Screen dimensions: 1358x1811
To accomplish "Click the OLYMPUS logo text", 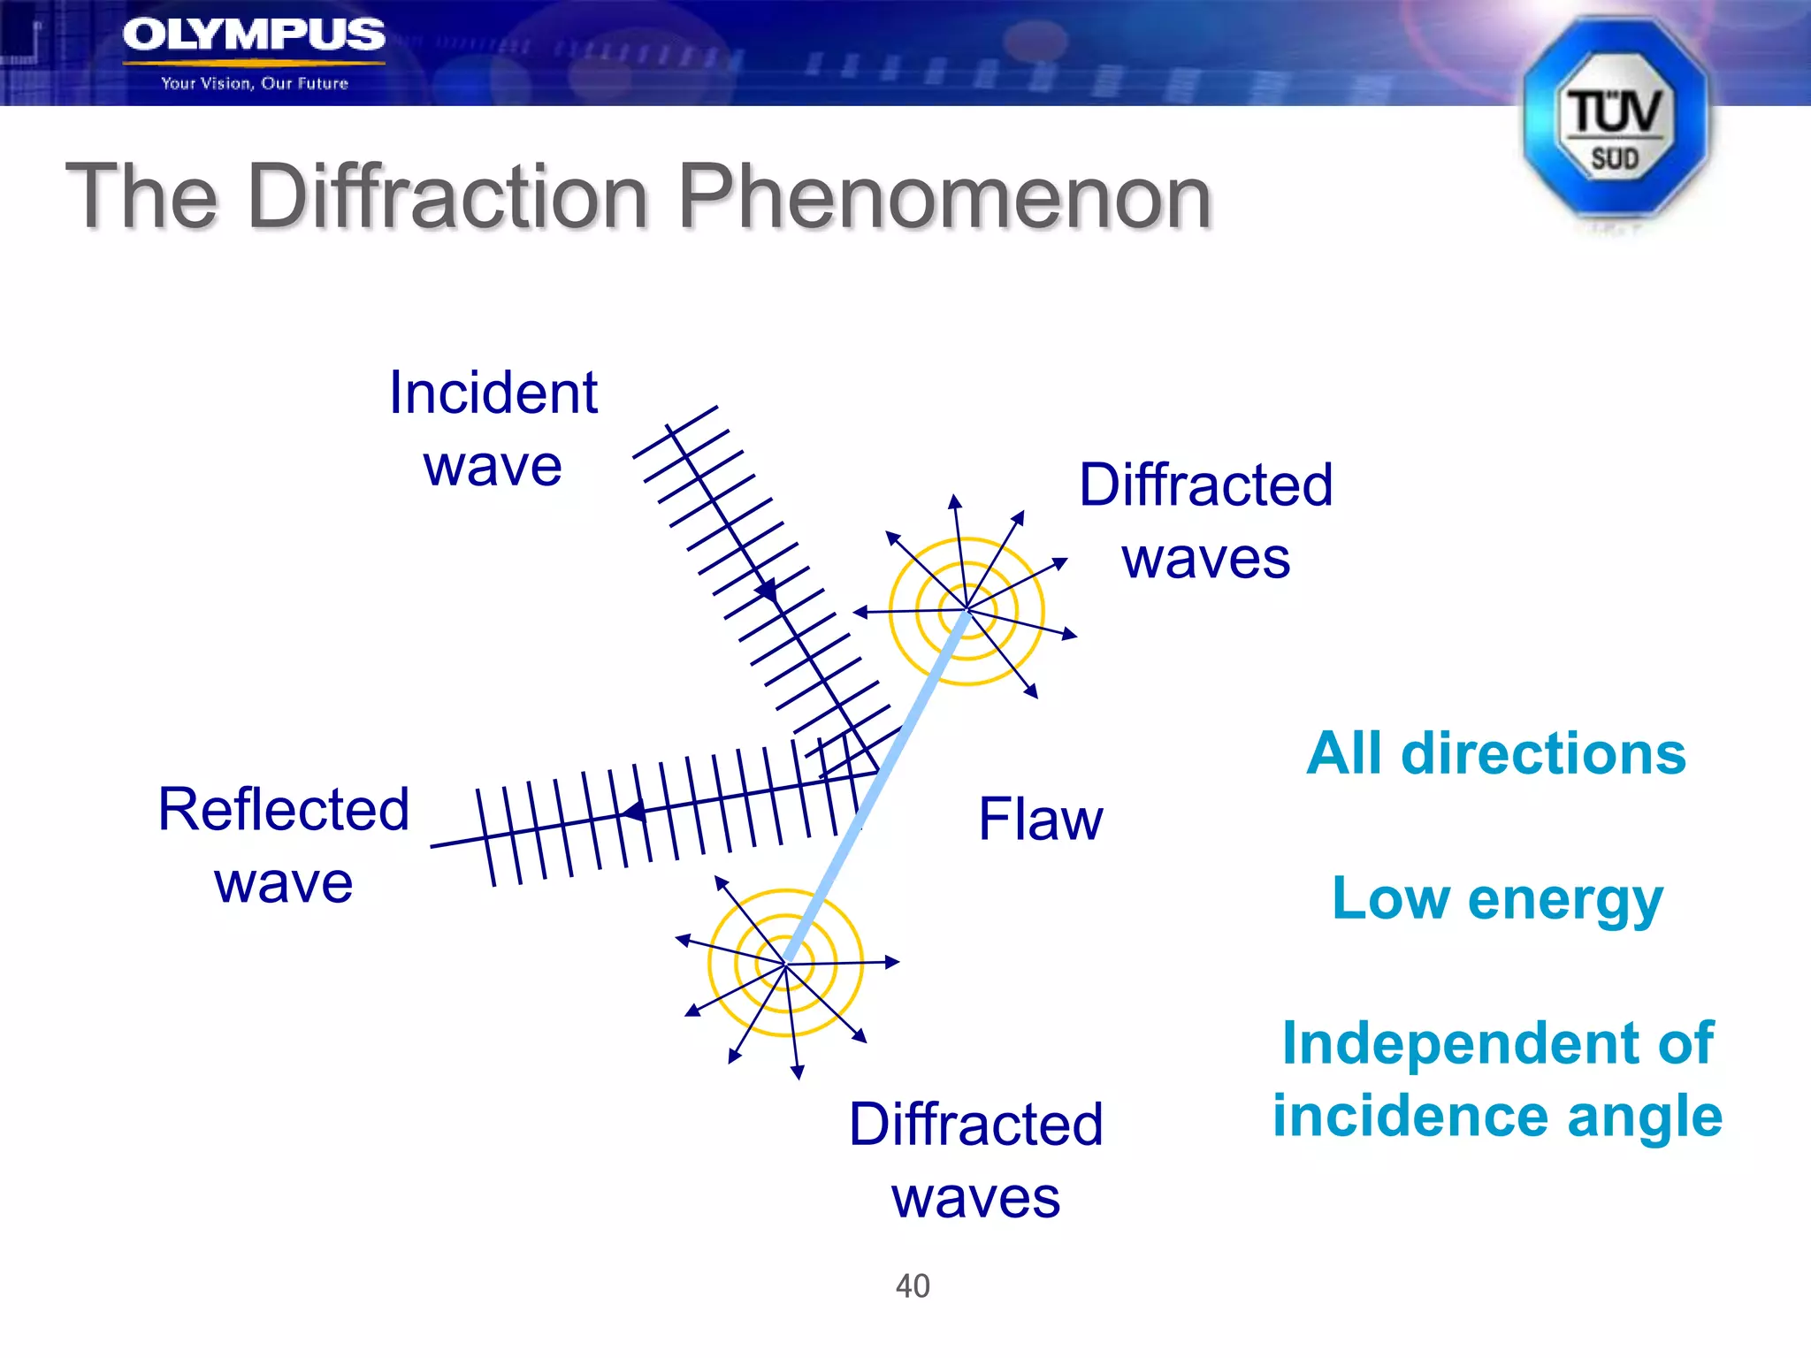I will pos(254,35).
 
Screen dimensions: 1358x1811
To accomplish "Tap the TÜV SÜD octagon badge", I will pos(1615,119).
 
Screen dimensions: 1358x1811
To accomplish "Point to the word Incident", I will pos(493,393).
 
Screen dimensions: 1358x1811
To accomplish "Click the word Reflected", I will pos(283,809).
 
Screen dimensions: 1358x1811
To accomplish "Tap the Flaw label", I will pos(1040,820).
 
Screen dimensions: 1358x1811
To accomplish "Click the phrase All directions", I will pos(1496,753).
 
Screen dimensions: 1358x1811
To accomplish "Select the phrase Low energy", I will pos(1496,898).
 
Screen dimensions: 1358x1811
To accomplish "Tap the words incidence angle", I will pos(1496,1116).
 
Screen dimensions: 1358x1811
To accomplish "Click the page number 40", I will pos(913,1286).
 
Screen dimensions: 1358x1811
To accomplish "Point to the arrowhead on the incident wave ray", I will pos(767,590).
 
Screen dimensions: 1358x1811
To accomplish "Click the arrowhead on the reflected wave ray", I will pos(632,811).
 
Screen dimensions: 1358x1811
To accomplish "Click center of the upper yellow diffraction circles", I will pos(967,610).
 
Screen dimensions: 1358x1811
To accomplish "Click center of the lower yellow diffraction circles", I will pos(785,963).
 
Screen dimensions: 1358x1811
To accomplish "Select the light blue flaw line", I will pos(875,787).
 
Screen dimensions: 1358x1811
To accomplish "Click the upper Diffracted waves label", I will pos(1205,522).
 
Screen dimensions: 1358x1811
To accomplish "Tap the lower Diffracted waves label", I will pos(975,1160).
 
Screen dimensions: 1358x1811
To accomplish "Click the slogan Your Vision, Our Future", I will pos(255,83).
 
